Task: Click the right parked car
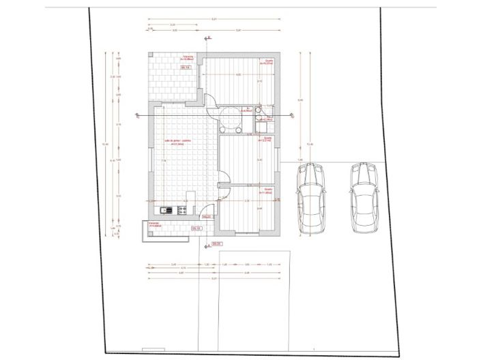[365, 198]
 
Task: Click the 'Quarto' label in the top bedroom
[268, 61]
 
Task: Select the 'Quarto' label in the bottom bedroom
[267, 190]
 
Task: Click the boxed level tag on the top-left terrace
[185, 68]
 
